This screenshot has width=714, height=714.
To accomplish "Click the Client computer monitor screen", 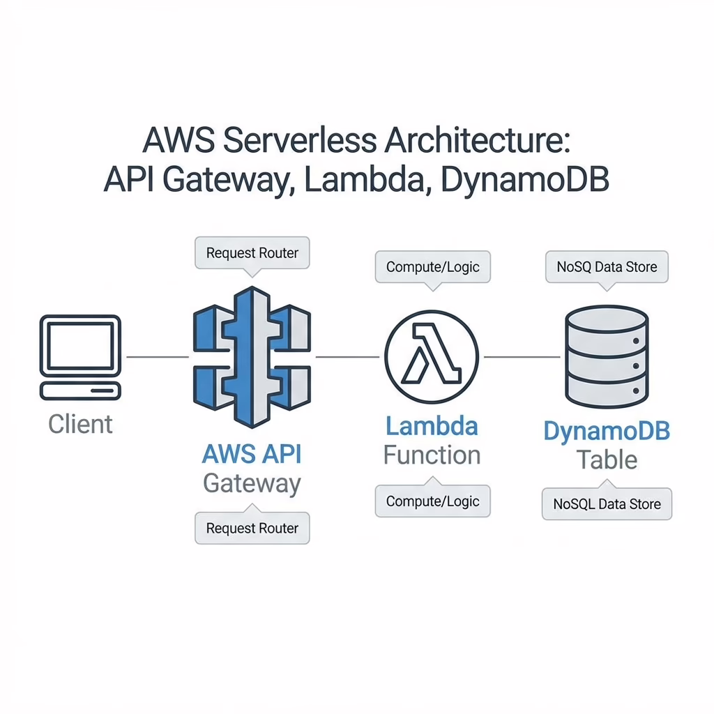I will pyautogui.click(x=80, y=347).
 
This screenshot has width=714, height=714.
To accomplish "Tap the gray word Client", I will pyautogui.click(x=80, y=424).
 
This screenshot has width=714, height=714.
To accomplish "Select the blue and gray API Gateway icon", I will pyautogui.click(x=252, y=356).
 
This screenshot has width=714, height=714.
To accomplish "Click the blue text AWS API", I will pyautogui.click(x=252, y=454).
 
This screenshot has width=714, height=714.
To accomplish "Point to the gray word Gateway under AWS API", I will pyautogui.click(x=252, y=483).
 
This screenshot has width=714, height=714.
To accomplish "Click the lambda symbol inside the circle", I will pyautogui.click(x=432, y=357).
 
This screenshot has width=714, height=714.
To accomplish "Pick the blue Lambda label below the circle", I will pyautogui.click(x=432, y=425).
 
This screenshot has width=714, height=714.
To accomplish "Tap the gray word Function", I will pyautogui.click(x=432, y=455).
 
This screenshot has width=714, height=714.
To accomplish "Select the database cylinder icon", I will pyautogui.click(x=606, y=356).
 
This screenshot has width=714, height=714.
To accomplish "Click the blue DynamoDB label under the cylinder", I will pyautogui.click(x=606, y=430).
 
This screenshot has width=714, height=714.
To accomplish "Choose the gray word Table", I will pyautogui.click(x=606, y=459).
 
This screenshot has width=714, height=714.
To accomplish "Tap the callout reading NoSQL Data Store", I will pyautogui.click(x=607, y=503).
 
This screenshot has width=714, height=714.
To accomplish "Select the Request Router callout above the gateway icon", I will pyautogui.click(x=252, y=253).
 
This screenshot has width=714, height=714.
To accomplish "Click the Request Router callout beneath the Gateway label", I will pyautogui.click(x=252, y=528).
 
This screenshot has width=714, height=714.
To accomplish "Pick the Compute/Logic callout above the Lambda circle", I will pyautogui.click(x=432, y=267).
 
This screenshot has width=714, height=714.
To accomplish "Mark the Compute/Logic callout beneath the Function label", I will pyautogui.click(x=432, y=501).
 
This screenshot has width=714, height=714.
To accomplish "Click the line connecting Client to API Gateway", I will pyautogui.click(x=157, y=357).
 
